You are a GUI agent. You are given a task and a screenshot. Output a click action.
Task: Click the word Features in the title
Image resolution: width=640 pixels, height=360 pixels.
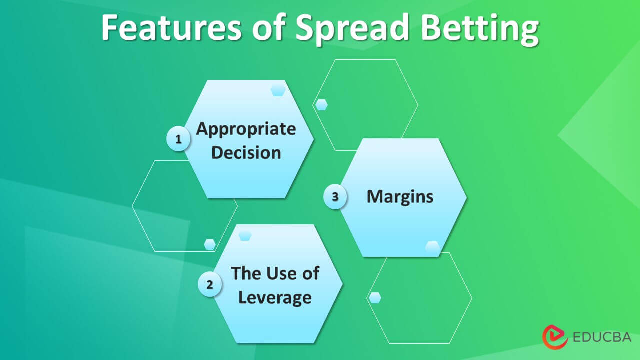click(x=171, y=27)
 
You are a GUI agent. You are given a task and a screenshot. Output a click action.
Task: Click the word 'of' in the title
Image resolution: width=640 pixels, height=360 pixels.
click(x=269, y=27)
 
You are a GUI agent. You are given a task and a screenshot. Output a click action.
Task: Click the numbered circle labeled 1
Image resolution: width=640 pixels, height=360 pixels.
click(x=178, y=139)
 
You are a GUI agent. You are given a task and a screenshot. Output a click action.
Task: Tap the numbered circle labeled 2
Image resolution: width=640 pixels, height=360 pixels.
click(x=210, y=284)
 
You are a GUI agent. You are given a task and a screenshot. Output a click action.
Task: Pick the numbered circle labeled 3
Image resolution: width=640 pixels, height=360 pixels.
click(x=335, y=196)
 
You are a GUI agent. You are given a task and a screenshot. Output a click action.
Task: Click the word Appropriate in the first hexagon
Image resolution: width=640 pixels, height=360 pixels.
click(x=246, y=130)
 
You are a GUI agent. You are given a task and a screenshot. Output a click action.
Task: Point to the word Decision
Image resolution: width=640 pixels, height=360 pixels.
click(x=246, y=152)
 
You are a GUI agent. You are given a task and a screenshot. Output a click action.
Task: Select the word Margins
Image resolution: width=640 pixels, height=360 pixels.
click(x=400, y=197)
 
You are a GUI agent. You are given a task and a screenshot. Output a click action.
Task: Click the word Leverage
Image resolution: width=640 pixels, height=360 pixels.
click(x=275, y=298)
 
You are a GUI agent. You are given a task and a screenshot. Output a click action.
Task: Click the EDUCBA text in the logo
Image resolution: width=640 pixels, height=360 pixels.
click(x=602, y=337)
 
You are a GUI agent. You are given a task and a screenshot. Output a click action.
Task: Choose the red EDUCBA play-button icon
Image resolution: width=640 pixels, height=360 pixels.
click(x=555, y=337)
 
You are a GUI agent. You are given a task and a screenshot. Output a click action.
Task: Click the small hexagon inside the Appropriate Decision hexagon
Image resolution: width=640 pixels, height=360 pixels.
click(x=278, y=91)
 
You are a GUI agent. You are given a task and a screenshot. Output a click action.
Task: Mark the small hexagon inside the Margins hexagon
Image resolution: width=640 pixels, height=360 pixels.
click(x=433, y=247)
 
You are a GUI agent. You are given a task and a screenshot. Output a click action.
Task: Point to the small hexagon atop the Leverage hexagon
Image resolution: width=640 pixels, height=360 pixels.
click(x=245, y=235)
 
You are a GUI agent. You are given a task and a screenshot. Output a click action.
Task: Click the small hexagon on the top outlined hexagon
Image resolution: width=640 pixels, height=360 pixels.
click(x=321, y=105)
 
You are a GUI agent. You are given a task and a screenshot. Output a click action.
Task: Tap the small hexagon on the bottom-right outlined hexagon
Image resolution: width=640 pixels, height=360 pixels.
click(x=375, y=298)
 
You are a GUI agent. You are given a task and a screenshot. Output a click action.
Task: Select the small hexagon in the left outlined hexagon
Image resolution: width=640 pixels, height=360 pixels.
click(x=210, y=245)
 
